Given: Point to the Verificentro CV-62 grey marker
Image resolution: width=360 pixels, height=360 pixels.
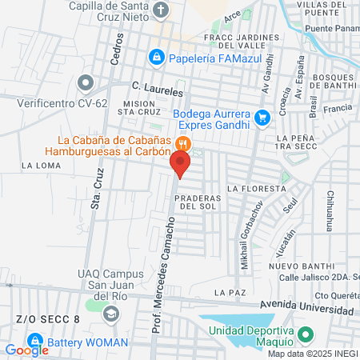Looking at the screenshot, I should pyautogui.click(x=86, y=82).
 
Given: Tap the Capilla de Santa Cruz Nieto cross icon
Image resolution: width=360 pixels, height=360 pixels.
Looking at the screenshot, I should pyautogui.click(x=162, y=10).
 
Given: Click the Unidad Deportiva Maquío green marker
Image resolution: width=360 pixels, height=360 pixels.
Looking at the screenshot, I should pyautogui.click(x=303, y=334).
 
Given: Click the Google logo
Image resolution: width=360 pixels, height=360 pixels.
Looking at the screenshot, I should pyautogui.click(x=27, y=350).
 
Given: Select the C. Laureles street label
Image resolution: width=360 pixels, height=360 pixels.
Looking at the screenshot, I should pyautogui.click(x=158, y=91).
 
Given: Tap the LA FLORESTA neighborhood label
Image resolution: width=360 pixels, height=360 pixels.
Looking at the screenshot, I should pyautogui.click(x=255, y=189).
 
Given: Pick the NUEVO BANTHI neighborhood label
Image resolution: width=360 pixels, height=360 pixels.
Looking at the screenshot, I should pyautogui.click(x=294, y=266).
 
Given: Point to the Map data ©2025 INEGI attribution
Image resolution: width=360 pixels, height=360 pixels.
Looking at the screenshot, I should pyautogui.click(x=312, y=354).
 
